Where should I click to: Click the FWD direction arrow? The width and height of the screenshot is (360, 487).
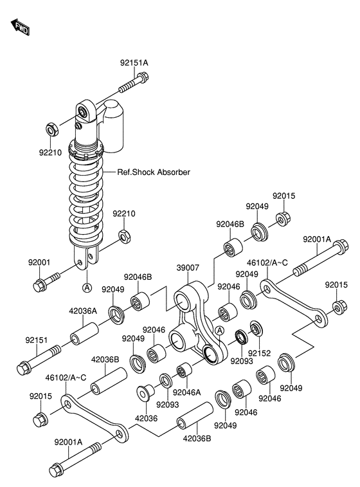tap(20, 27)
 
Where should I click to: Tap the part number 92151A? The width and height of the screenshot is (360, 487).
tap(134, 63)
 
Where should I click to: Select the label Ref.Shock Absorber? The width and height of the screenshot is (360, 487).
tap(154, 172)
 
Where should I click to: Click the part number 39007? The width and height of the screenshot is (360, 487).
tap(188, 268)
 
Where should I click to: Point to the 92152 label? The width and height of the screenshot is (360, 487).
tap(260, 353)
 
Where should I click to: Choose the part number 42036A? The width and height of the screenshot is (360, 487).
tap(83, 311)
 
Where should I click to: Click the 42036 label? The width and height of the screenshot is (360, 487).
tap(146, 418)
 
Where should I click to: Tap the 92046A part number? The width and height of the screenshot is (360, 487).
tap(187, 392)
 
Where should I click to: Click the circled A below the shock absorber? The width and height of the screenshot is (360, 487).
tap(87, 288)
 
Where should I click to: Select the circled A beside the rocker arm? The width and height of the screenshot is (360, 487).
tap(219, 331)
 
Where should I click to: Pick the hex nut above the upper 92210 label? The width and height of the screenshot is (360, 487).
tap(52, 129)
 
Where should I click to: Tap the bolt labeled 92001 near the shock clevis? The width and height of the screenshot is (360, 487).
tap(46, 280)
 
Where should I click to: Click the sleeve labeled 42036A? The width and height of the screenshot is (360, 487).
tap(84, 334)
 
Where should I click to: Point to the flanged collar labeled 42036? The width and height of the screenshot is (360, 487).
tap(145, 392)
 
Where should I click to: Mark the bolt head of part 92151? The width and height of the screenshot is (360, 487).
tap(24, 369)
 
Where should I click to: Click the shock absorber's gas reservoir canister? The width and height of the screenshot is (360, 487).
tap(113, 126)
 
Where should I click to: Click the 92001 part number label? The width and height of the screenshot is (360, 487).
tap(39, 262)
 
